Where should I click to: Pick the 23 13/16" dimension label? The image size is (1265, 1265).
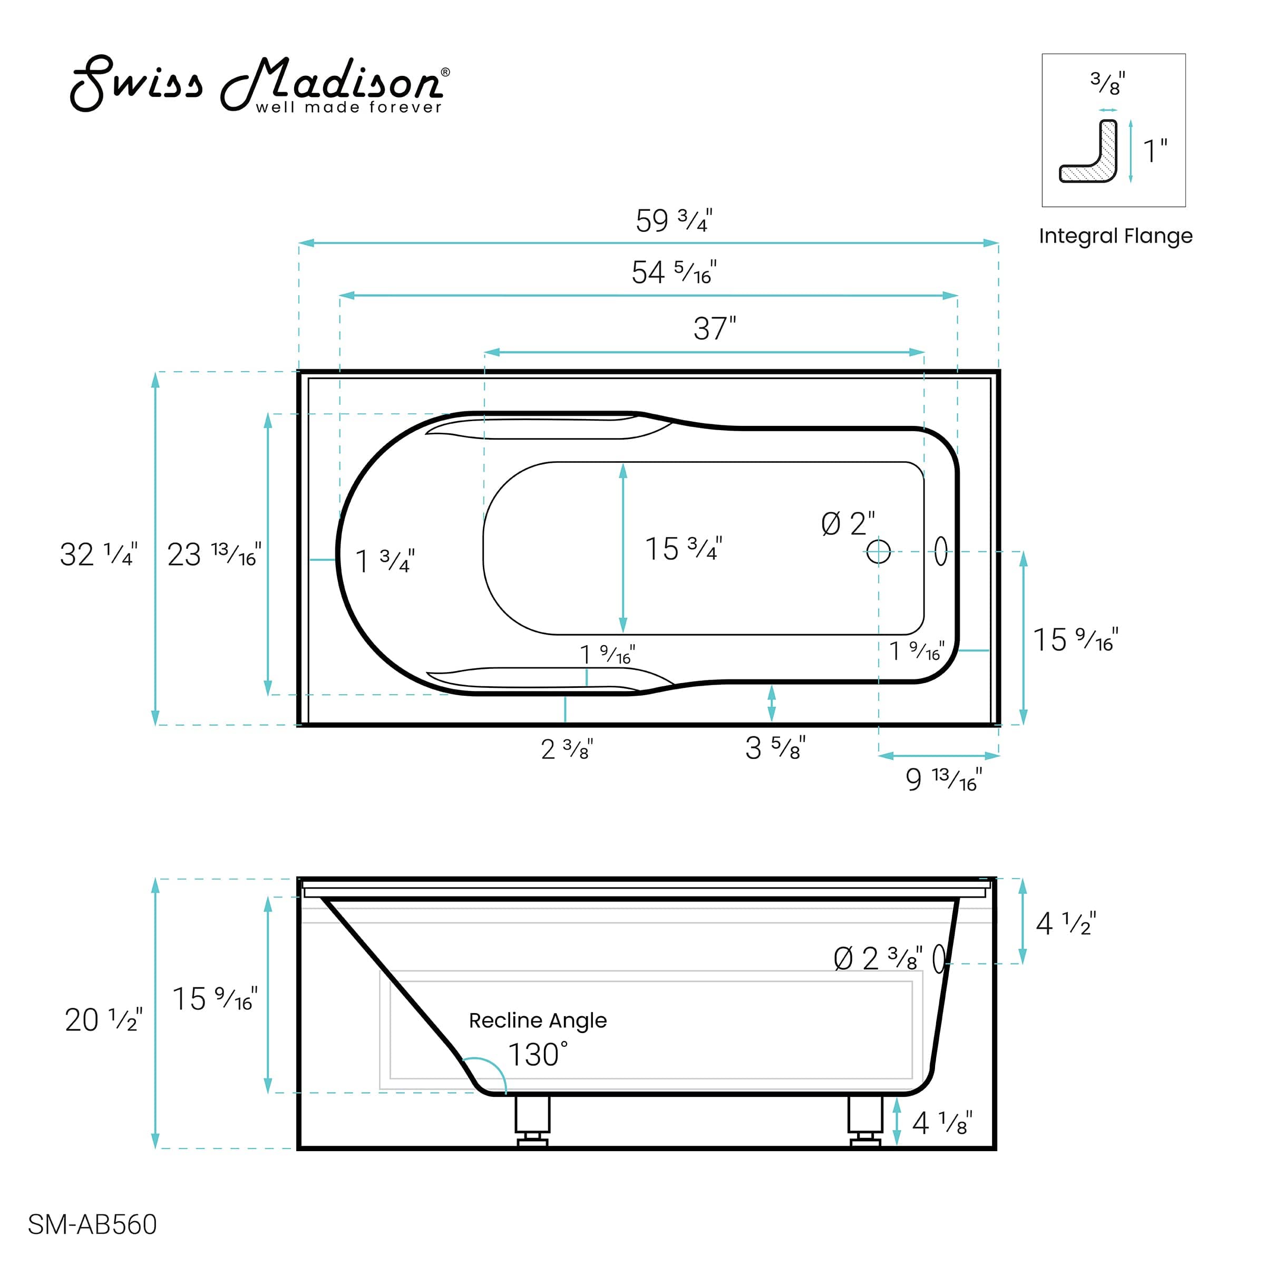[213, 554]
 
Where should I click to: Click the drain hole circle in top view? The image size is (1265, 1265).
[878, 551]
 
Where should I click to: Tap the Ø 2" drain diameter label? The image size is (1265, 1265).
[848, 524]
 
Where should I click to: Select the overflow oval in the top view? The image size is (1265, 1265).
[941, 551]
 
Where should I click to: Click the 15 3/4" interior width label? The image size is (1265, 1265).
[684, 549]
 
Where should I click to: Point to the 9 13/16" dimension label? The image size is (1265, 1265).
[943, 779]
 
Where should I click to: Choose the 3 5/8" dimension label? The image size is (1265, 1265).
[775, 748]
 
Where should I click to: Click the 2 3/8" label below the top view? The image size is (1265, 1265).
[567, 749]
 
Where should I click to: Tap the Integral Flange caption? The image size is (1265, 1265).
[1115, 236]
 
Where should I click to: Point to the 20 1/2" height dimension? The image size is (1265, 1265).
[103, 1019]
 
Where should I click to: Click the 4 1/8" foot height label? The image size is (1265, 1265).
[942, 1124]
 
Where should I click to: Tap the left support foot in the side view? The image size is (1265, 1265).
[532, 1121]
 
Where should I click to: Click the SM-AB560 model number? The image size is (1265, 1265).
[92, 1224]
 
